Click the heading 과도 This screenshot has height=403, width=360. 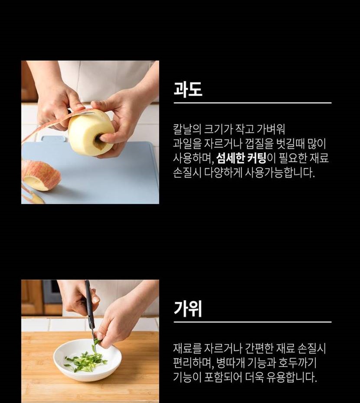coord(188,89)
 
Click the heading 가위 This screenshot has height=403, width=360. coord(188,308)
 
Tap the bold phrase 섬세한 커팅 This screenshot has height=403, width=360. coord(241,158)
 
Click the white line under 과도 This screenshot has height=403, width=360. coord(252,103)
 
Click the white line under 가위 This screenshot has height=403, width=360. coord(252,322)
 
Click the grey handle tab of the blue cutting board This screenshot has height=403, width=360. coord(53,139)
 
